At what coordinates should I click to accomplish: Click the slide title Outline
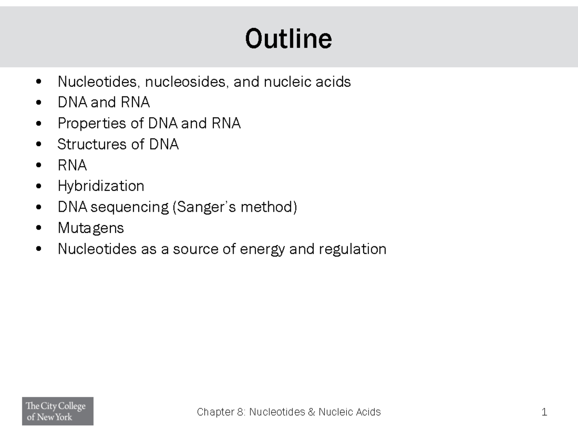(x=289, y=39)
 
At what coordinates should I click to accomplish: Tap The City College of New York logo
(x=57, y=411)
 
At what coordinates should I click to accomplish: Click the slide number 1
(x=544, y=412)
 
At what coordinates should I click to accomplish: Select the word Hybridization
(x=101, y=186)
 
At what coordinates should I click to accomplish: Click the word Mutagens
(x=91, y=228)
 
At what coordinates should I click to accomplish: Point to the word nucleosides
(x=184, y=82)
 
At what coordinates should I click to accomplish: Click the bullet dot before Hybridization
(x=39, y=186)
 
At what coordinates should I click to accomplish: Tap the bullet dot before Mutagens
(x=39, y=228)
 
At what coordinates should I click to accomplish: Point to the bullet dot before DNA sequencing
(x=39, y=207)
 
